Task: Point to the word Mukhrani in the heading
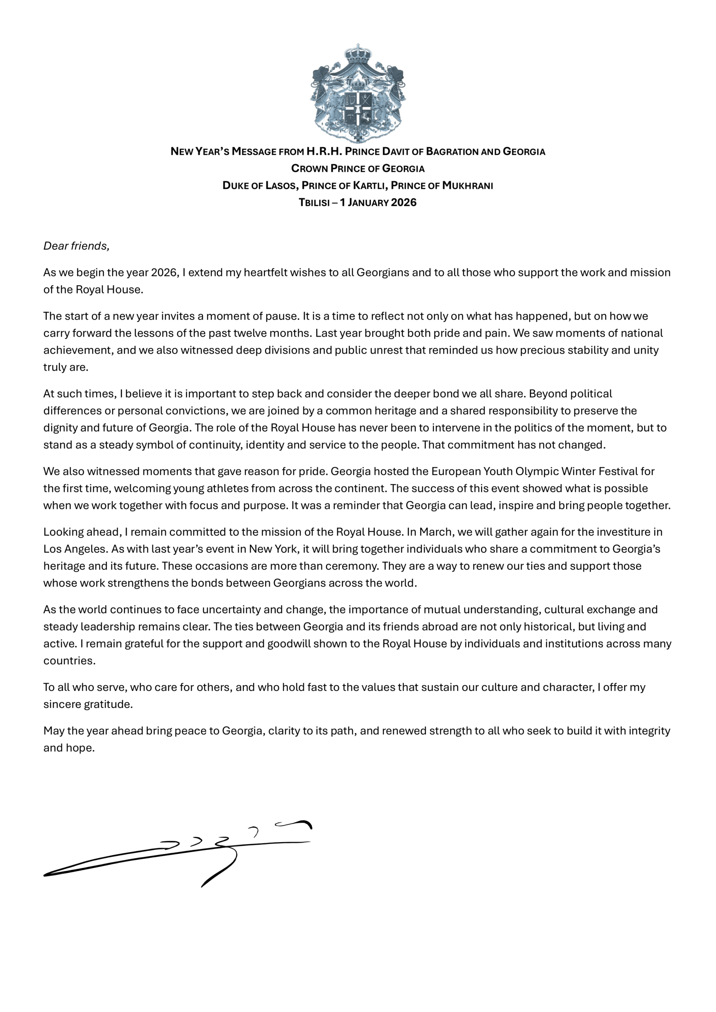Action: click(x=467, y=185)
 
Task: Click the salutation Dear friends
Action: click(x=76, y=245)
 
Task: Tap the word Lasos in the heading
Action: click(x=280, y=185)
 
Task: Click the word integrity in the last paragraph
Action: click(x=650, y=731)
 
